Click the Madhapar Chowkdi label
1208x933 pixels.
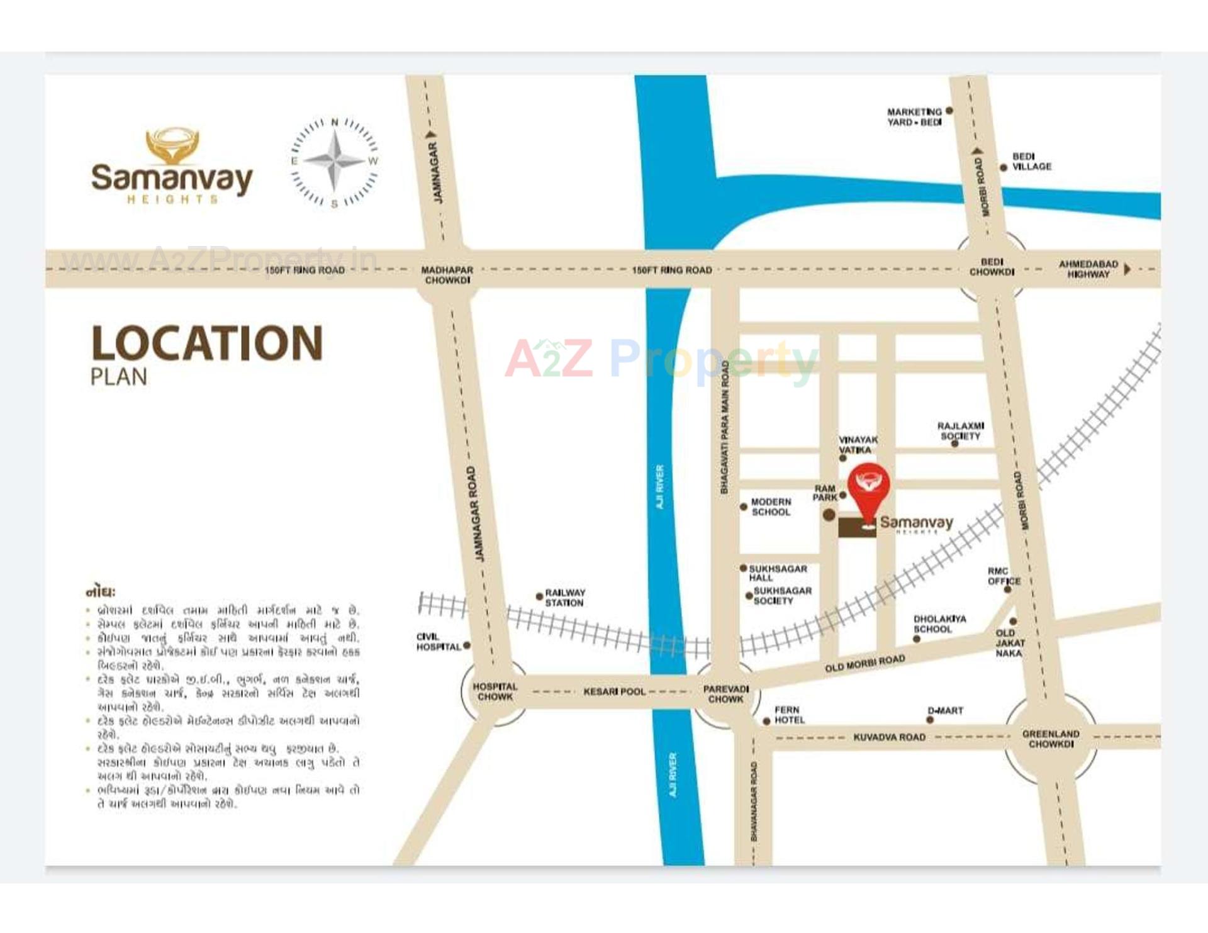pyautogui.click(x=447, y=275)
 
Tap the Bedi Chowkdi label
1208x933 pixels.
pyautogui.click(x=992, y=267)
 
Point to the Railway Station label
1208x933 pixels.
pyautogui.click(x=564, y=598)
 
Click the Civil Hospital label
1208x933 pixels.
pyautogui.click(x=438, y=642)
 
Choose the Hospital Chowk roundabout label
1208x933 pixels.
pyautogui.click(x=495, y=691)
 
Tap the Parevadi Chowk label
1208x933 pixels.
pyautogui.click(x=725, y=694)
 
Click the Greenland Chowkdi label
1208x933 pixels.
pyautogui.click(x=1050, y=739)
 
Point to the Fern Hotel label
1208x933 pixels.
pyautogui.click(x=789, y=715)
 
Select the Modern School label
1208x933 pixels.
pyautogui.click(x=771, y=507)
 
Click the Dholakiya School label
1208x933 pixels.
pyautogui.click(x=939, y=624)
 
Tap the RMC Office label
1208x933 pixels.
pyautogui.click(x=1004, y=576)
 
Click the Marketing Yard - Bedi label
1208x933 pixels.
pyautogui.click(x=914, y=117)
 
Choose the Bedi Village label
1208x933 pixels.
pyautogui.click(x=1031, y=161)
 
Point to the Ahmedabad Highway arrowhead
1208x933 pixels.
pyautogui.click(x=1127, y=269)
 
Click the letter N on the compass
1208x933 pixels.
pyautogui.click(x=335, y=122)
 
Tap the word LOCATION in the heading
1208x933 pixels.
pyautogui.click(x=207, y=344)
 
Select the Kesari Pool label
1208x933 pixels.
pyautogui.click(x=614, y=691)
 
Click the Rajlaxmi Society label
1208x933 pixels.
pyautogui.click(x=960, y=431)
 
